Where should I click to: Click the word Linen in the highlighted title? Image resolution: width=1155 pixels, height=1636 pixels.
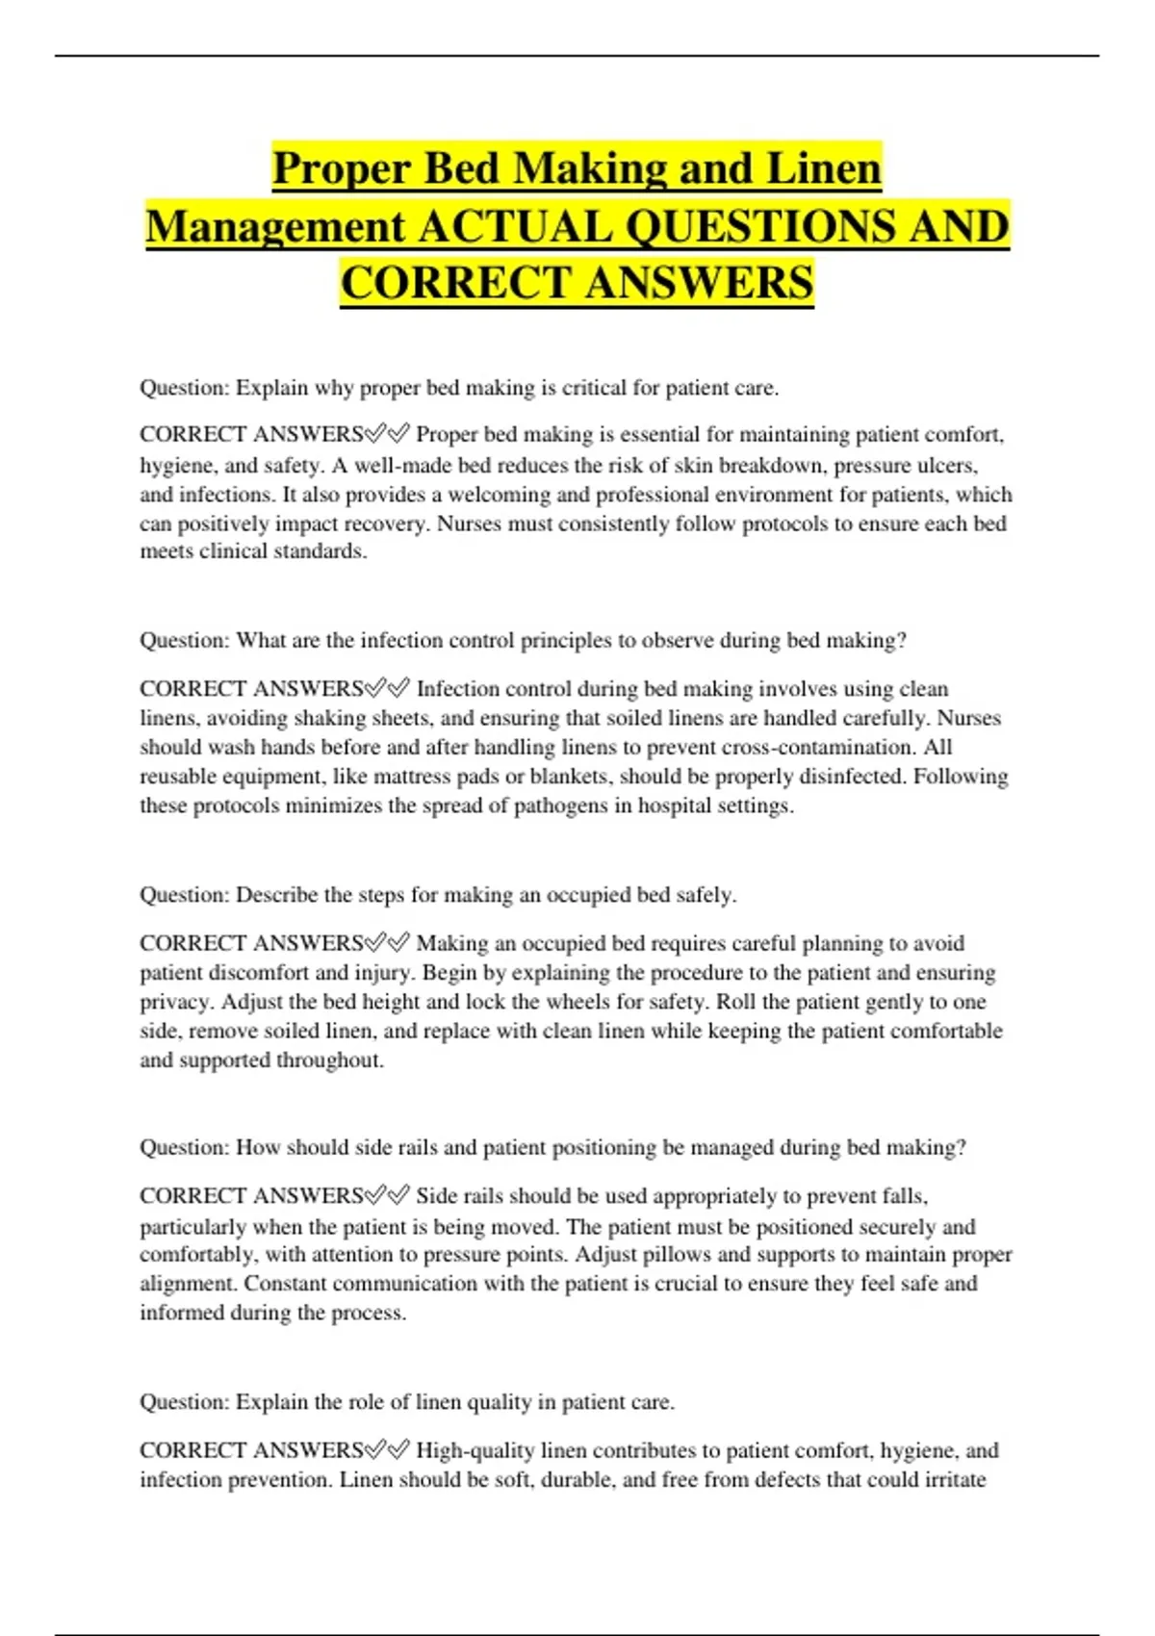click(823, 169)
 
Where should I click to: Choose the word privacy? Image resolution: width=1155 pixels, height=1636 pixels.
click(176, 1001)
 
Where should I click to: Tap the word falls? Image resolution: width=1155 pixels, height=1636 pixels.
click(904, 1196)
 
